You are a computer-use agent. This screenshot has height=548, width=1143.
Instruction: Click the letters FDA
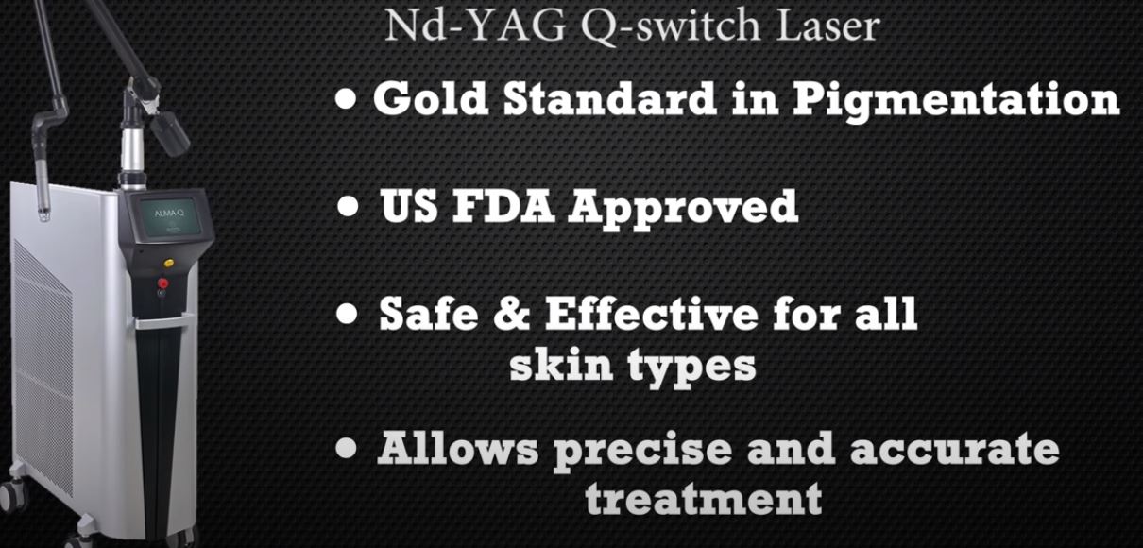[503, 206]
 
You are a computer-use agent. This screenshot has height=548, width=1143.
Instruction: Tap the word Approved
[683, 210]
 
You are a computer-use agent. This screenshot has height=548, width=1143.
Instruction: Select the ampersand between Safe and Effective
[512, 313]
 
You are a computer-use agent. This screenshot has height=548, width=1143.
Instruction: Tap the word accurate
[954, 449]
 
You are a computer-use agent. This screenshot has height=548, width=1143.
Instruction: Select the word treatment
[704, 498]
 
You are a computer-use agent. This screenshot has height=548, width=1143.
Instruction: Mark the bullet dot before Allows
[347, 448]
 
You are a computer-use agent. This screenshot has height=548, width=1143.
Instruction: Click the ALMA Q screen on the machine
[169, 214]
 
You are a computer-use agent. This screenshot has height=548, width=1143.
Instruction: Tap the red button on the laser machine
[162, 283]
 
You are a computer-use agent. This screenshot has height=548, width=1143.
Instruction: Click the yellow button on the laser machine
[168, 264]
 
